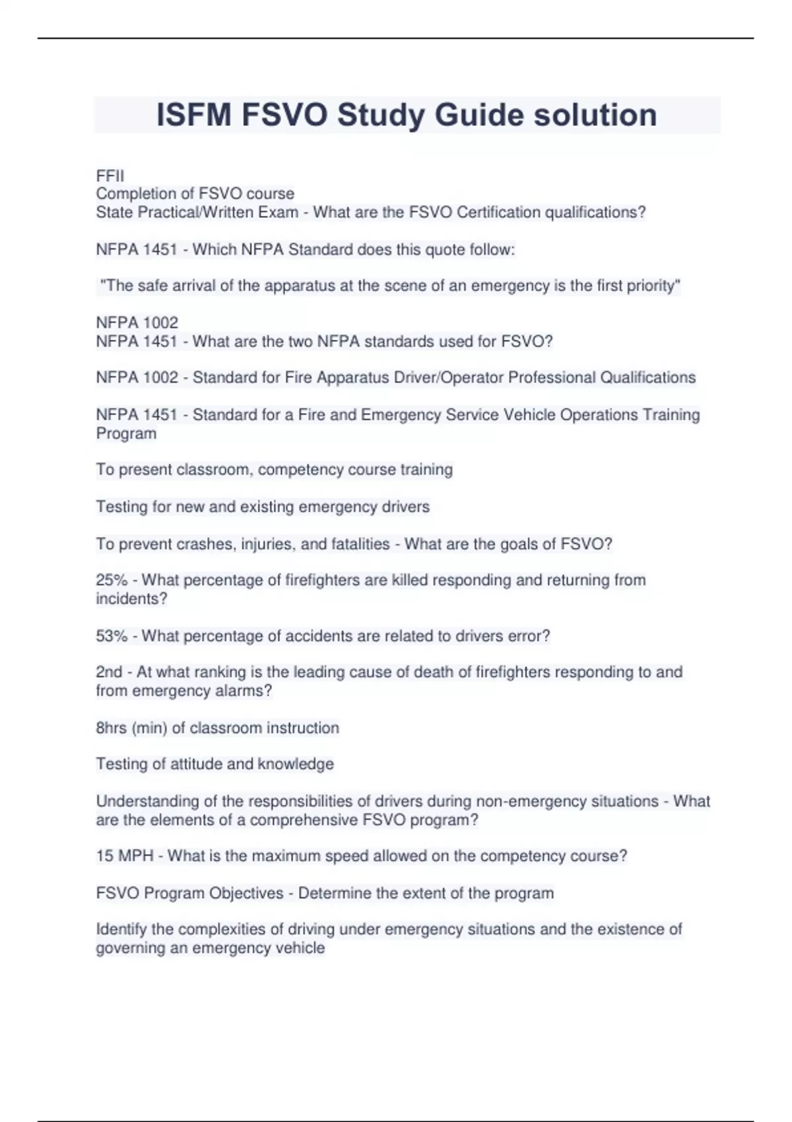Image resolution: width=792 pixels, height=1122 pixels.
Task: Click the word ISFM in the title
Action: click(194, 115)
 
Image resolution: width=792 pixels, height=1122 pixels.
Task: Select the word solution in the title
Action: click(595, 115)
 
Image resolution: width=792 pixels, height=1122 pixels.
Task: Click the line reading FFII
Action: click(110, 176)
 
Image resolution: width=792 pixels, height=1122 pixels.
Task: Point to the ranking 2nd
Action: click(109, 672)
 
